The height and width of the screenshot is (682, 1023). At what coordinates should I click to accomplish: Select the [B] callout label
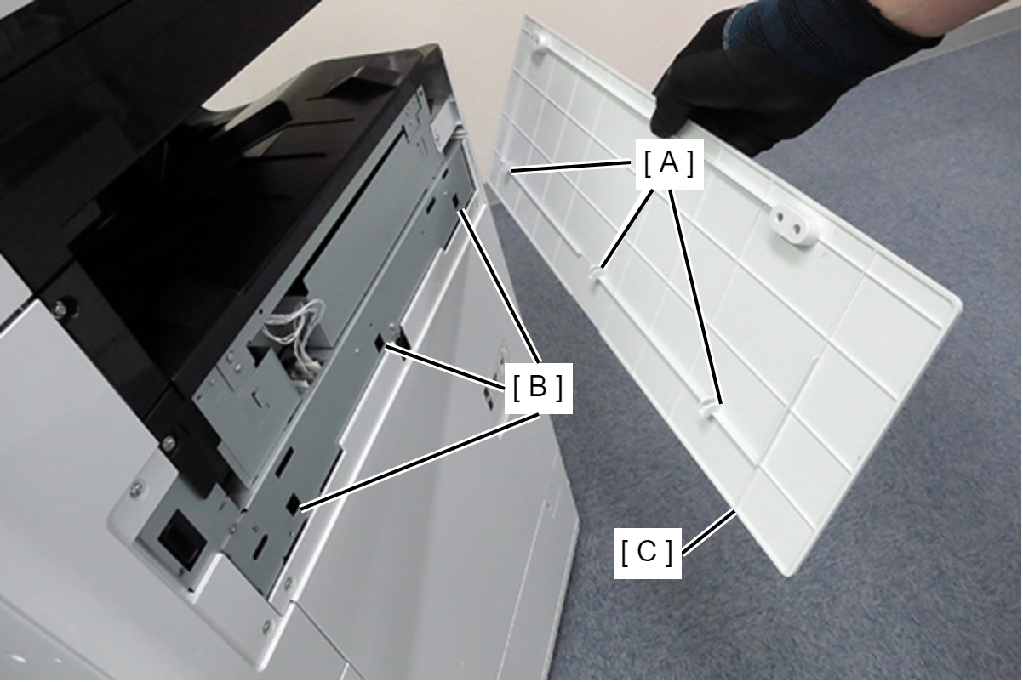tap(538, 389)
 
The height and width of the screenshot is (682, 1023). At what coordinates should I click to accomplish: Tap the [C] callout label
tap(647, 553)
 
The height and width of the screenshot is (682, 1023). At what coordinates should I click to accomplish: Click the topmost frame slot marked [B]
tap(456, 201)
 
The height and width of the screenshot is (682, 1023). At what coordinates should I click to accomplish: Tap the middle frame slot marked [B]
tap(379, 343)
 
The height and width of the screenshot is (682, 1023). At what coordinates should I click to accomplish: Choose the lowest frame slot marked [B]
tap(294, 506)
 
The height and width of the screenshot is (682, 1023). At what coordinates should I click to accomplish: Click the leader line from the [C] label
tap(708, 533)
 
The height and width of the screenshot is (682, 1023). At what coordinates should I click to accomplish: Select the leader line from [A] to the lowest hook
tap(695, 296)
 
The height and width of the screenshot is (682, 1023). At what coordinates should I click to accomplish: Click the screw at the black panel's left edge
tap(60, 309)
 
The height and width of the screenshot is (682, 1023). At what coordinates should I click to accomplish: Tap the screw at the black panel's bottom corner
tap(169, 441)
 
